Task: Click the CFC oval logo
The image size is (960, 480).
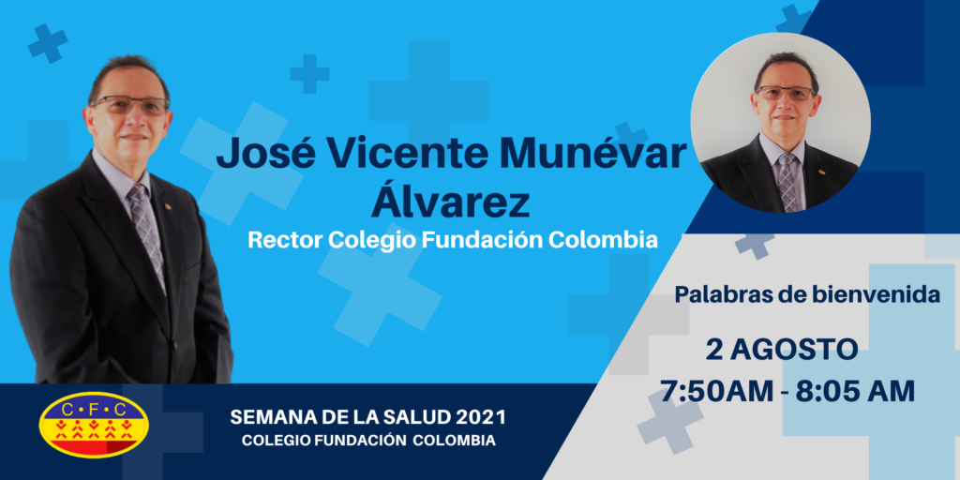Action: tap(94, 425)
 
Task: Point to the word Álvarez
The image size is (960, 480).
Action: tap(450, 202)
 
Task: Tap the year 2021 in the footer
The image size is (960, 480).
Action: tap(481, 419)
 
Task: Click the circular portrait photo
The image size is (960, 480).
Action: tap(781, 123)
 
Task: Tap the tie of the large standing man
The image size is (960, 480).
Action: tap(145, 232)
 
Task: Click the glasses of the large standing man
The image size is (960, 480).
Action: tap(129, 104)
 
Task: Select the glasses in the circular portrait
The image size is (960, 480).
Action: tap(787, 93)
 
